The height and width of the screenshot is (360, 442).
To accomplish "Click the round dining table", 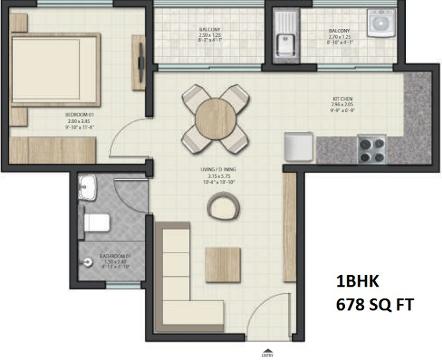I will tap(215, 118).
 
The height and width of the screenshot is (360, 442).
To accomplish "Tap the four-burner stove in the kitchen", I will tap(372, 149).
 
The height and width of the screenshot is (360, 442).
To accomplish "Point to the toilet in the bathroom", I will tap(95, 222).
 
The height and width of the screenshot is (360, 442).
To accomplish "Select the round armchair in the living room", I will tap(225, 206).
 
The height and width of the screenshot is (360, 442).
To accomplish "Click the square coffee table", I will tap(223, 264).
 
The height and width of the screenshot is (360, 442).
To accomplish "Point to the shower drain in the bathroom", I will tap(88, 262).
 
